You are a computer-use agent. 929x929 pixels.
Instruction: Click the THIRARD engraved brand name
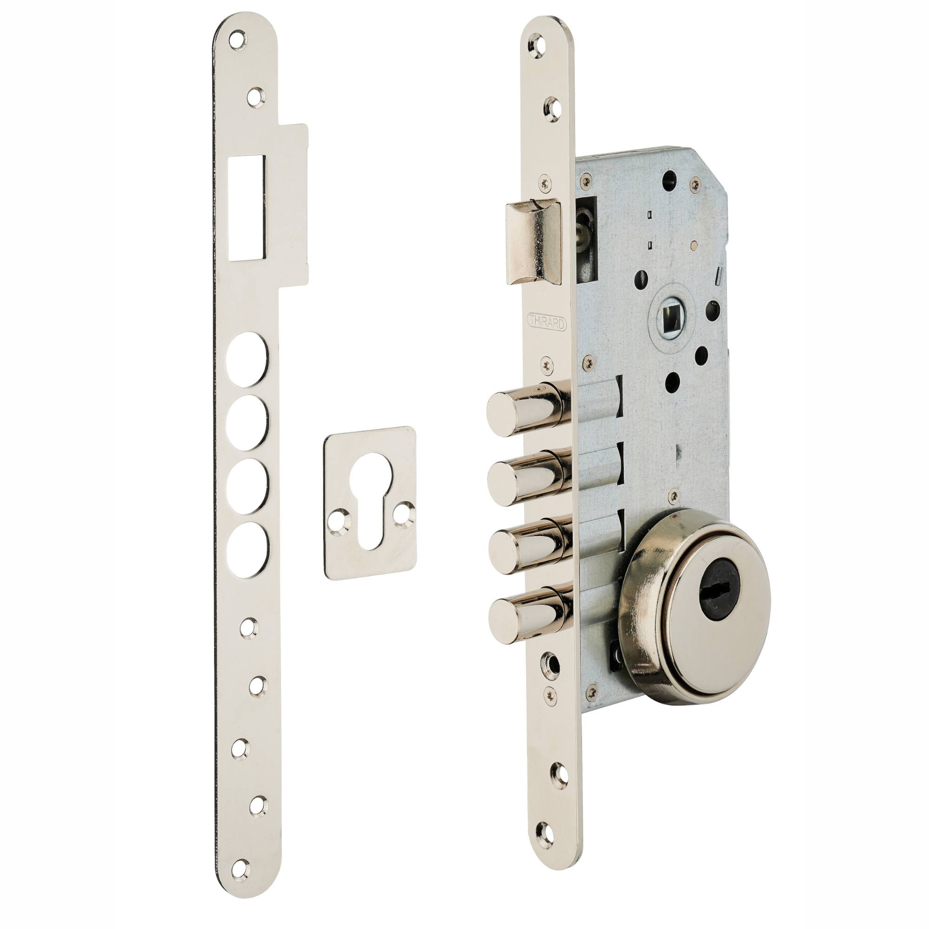tap(547, 321)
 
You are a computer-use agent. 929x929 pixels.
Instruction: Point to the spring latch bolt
tap(533, 242)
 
